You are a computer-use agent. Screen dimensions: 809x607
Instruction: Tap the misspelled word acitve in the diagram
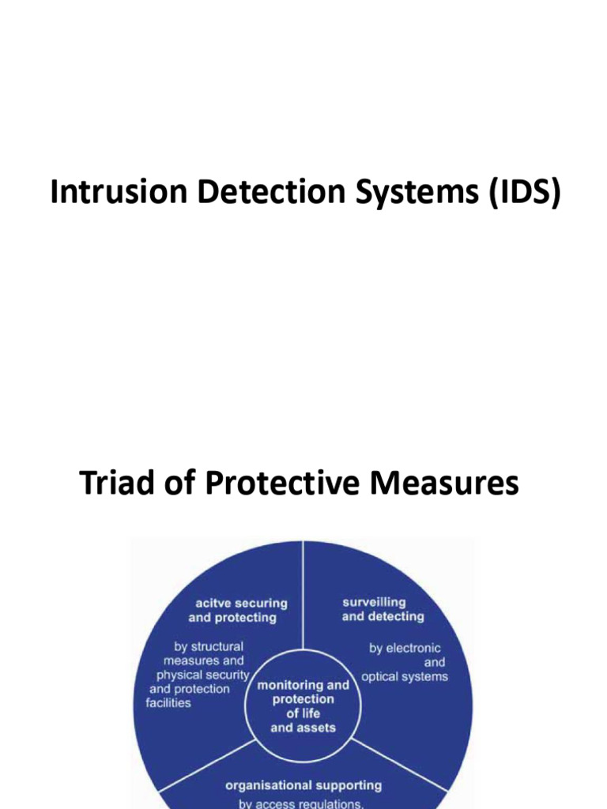(205, 603)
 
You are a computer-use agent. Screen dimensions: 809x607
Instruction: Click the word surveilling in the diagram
(374, 602)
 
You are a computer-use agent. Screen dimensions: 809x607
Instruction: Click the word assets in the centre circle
(315, 728)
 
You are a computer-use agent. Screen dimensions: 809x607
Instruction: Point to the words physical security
(202, 675)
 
